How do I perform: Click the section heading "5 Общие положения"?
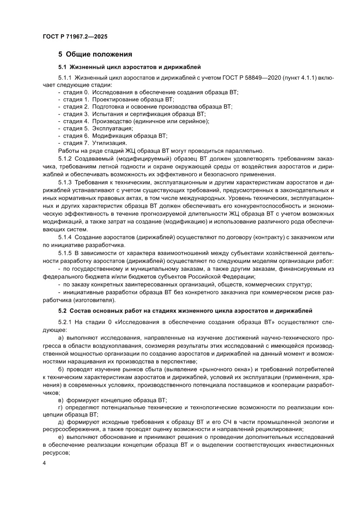95,54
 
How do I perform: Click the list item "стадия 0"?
76,92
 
